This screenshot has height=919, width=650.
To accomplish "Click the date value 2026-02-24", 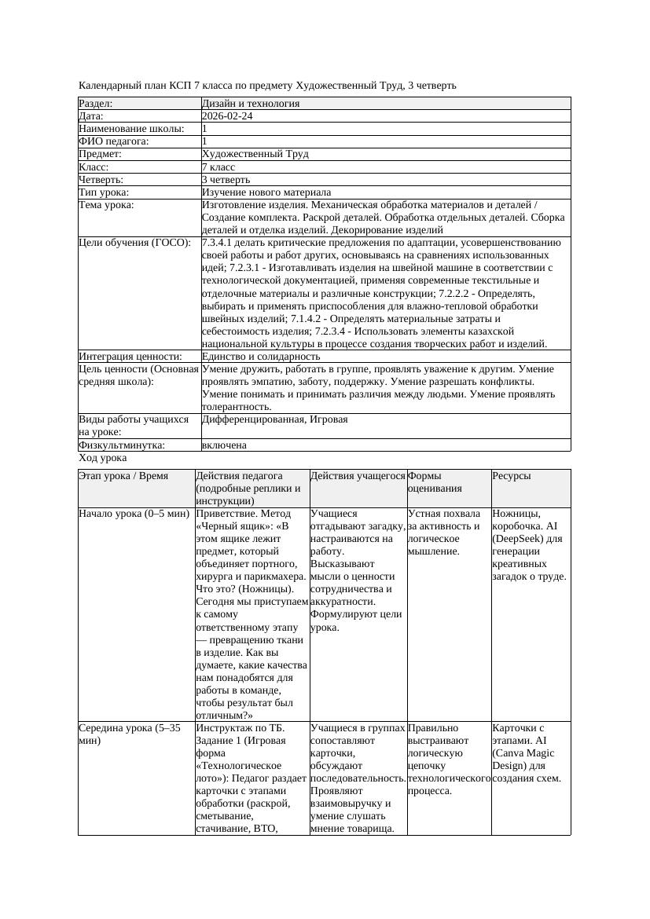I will point(227,116).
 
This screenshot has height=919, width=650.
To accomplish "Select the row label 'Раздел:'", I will point(96,104).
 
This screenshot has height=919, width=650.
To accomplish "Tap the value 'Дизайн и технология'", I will point(250,104).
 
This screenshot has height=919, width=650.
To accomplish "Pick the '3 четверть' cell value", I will point(225,180).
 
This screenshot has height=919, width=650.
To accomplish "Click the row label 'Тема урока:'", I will point(106,205).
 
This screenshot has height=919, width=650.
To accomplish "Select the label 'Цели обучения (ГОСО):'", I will point(134,243).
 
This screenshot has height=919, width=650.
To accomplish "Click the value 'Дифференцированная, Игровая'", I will point(274,419).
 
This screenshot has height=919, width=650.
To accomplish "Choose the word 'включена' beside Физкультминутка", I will point(224,445).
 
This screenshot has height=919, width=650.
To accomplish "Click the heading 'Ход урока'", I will point(103,458).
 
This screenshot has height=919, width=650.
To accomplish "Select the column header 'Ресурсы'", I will point(511,476).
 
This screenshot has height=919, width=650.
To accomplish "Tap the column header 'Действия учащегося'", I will point(358,476).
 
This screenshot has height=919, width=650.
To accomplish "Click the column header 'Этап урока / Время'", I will point(123,476).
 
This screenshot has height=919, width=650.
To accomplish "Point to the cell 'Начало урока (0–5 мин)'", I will point(134,514).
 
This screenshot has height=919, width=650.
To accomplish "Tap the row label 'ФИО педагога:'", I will point(114,141).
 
